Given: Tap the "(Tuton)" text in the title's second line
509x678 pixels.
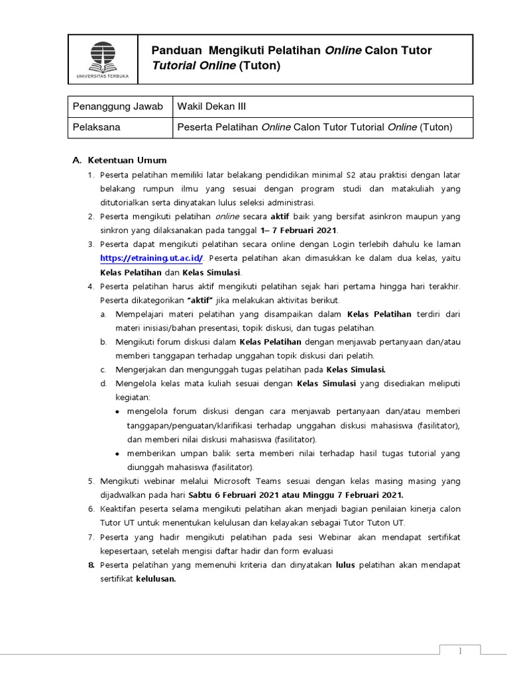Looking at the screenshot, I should (x=260, y=66).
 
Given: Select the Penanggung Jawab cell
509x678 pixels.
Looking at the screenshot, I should (x=118, y=107).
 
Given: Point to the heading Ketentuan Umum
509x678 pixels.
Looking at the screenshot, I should (x=125, y=160).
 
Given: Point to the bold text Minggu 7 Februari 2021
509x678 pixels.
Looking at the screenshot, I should (x=359, y=495).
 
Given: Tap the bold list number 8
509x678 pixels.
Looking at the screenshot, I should (x=91, y=565).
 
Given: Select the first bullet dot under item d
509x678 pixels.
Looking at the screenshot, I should (x=117, y=412).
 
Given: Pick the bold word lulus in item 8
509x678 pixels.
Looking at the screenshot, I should (x=345, y=565).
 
